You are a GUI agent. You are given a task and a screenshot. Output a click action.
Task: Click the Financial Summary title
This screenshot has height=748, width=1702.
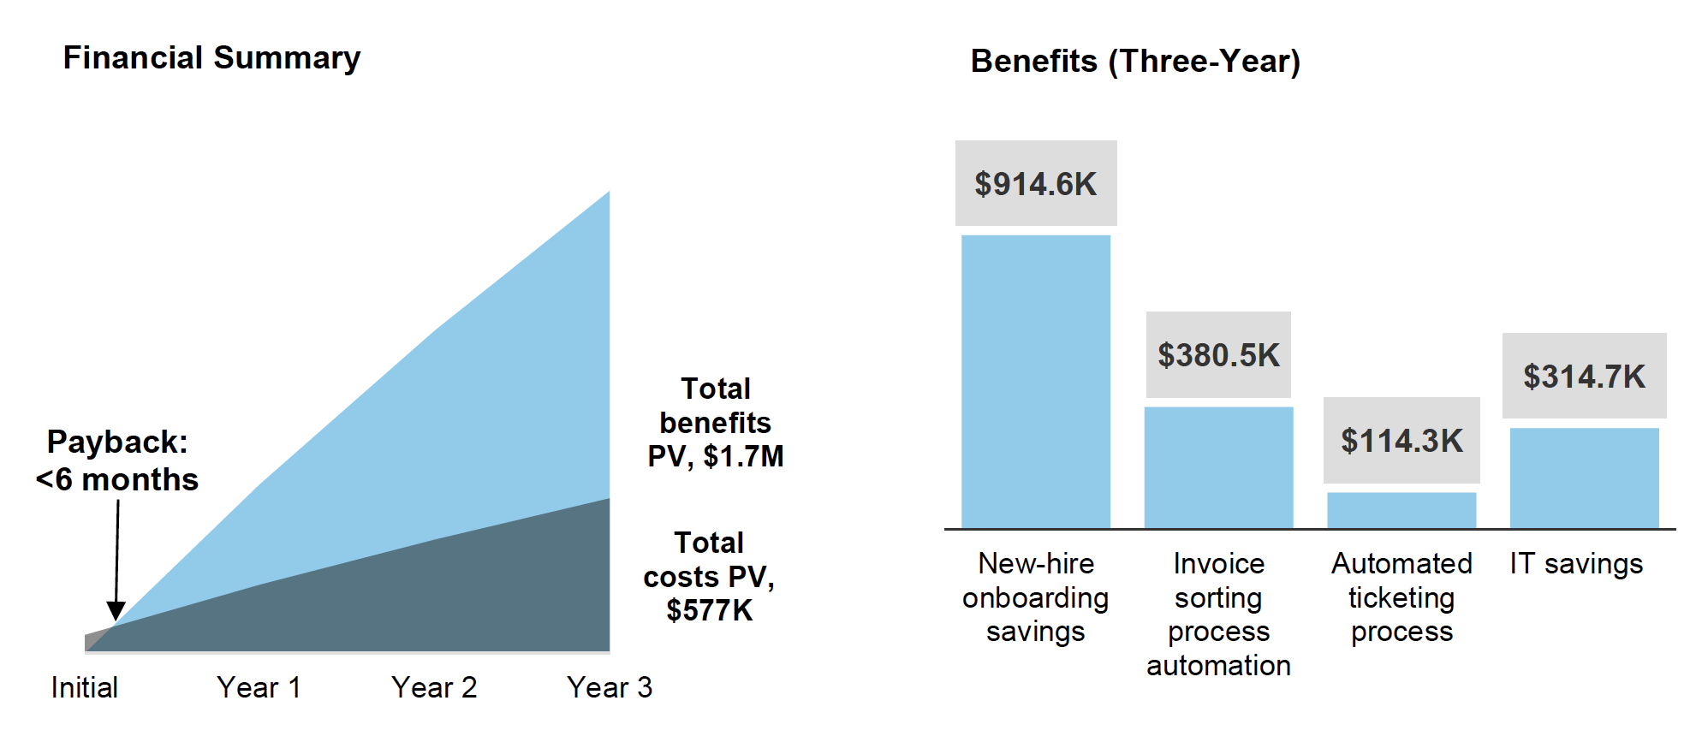[211, 58]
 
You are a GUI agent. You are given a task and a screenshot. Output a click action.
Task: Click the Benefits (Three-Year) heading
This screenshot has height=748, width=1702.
[1135, 62]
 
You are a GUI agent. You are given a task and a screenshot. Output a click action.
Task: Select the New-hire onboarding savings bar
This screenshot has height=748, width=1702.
[1035, 382]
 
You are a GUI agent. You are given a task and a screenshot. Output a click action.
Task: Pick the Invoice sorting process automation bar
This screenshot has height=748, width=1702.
[1218, 467]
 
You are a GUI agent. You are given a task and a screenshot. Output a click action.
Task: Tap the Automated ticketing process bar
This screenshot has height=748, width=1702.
[1401, 510]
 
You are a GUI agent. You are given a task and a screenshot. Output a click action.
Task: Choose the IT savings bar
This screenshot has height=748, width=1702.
[1584, 478]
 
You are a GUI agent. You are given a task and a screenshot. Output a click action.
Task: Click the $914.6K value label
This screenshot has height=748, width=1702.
[1036, 184]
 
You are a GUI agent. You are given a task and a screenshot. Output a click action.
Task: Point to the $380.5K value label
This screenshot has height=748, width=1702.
[1218, 355]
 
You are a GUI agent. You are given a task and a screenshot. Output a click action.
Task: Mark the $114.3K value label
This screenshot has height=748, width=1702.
[1401, 441]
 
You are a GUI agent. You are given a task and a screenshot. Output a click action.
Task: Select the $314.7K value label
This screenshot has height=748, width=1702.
[1584, 377]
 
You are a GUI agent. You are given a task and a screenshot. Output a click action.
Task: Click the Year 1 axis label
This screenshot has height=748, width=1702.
[259, 687]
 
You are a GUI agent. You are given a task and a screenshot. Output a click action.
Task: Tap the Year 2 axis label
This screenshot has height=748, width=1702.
[434, 687]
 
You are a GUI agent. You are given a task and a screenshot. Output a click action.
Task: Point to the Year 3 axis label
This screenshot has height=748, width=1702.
[610, 687]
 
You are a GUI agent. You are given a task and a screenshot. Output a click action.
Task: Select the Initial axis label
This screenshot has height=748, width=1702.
[85, 687]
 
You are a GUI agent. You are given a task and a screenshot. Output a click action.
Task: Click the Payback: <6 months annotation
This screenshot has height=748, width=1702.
[117, 460]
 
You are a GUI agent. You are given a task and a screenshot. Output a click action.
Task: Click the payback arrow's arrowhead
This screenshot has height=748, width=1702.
[116, 611]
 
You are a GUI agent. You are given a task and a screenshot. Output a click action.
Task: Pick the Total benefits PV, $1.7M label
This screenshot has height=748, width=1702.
[716, 423]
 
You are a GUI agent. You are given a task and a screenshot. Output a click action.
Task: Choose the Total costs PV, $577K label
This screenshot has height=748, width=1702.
[709, 577]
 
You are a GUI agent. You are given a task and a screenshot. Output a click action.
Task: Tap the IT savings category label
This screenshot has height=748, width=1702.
[1576, 564]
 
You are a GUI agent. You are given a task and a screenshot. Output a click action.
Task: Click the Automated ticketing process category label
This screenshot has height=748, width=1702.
[1401, 597]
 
